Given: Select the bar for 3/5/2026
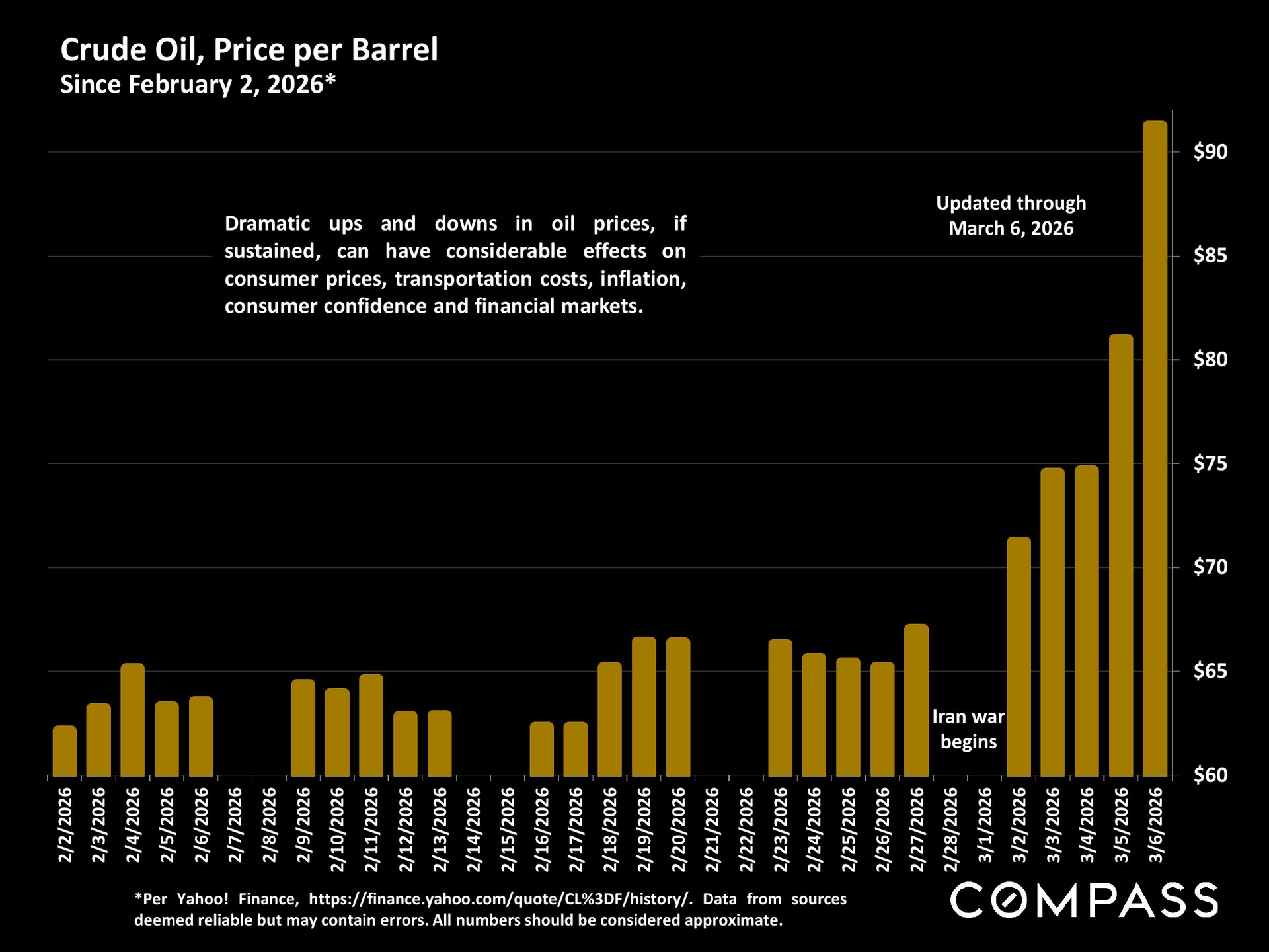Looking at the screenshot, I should [x=1121, y=555].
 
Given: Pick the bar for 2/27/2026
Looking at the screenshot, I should [x=916, y=700].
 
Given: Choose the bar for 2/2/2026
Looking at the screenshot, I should [x=65, y=750].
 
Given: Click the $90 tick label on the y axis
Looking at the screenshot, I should [x=1210, y=152].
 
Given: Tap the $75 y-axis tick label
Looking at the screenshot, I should [x=1210, y=464].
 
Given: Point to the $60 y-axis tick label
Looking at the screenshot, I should [x=1210, y=775].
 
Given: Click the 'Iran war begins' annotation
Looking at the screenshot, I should [x=968, y=729].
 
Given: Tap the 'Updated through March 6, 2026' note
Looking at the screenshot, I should [x=1011, y=216].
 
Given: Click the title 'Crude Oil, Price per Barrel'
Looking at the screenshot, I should [x=249, y=50].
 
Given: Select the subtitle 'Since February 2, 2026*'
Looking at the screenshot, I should [x=198, y=85].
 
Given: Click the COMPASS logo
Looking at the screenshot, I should [x=1084, y=900].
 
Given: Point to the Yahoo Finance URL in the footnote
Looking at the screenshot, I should [x=500, y=899].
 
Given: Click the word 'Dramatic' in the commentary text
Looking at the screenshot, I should [x=267, y=223].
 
